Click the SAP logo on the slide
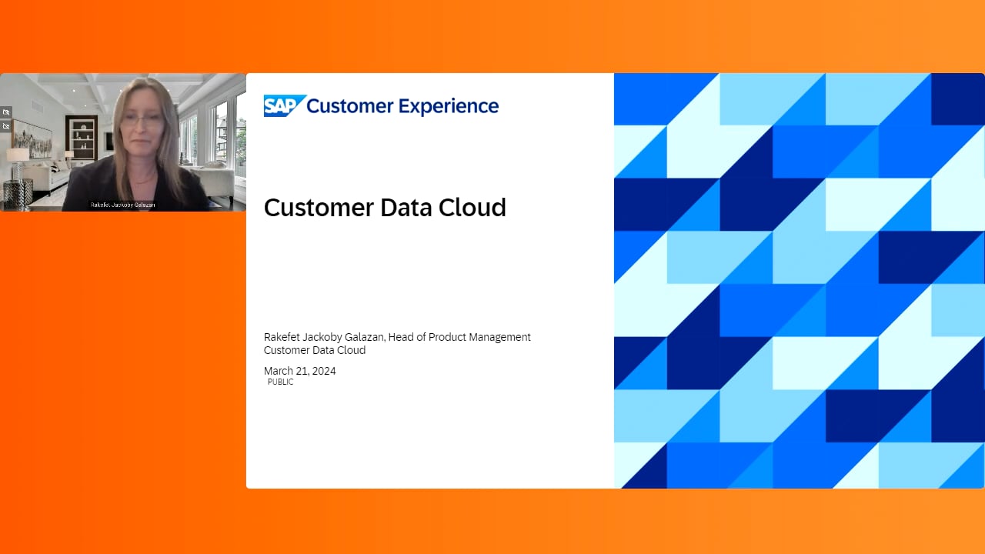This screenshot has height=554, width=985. pyautogui.click(x=285, y=105)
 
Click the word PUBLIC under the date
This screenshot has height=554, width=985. pyautogui.click(x=281, y=382)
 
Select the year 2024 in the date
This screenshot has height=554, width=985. pyautogui.click(x=324, y=371)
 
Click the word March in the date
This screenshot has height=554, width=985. pyautogui.click(x=279, y=371)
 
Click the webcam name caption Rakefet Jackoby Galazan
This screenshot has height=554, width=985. pyautogui.click(x=122, y=205)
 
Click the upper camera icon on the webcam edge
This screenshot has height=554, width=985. pyautogui.click(x=6, y=112)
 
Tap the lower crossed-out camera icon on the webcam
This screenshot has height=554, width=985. pyautogui.click(x=6, y=126)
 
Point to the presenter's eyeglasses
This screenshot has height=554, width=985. pyautogui.click(x=142, y=119)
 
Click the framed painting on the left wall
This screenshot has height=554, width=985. pyautogui.click(x=32, y=139)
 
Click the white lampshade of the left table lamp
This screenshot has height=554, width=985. pyautogui.click(x=18, y=155)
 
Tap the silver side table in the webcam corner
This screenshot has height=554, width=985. pyautogui.click(x=18, y=193)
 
